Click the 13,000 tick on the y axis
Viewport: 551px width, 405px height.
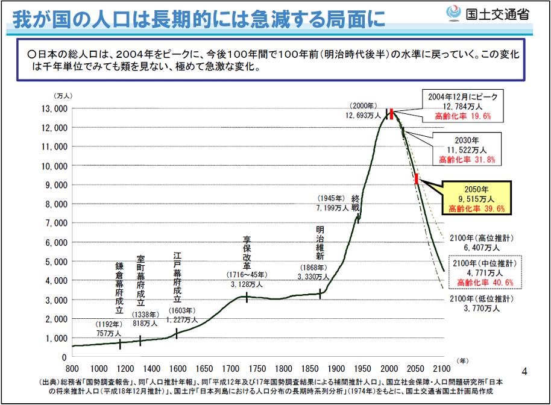point(55,108)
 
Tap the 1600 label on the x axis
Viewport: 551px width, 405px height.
point(178,369)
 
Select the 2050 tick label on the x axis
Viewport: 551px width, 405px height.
point(416,369)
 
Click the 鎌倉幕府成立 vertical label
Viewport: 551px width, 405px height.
point(119,288)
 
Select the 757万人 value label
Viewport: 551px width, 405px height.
point(109,333)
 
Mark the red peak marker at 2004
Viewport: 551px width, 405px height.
point(391,114)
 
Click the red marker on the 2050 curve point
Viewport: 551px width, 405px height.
point(417,179)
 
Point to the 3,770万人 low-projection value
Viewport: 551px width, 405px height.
point(482,308)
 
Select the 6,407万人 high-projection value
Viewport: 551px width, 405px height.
point(482,247)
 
